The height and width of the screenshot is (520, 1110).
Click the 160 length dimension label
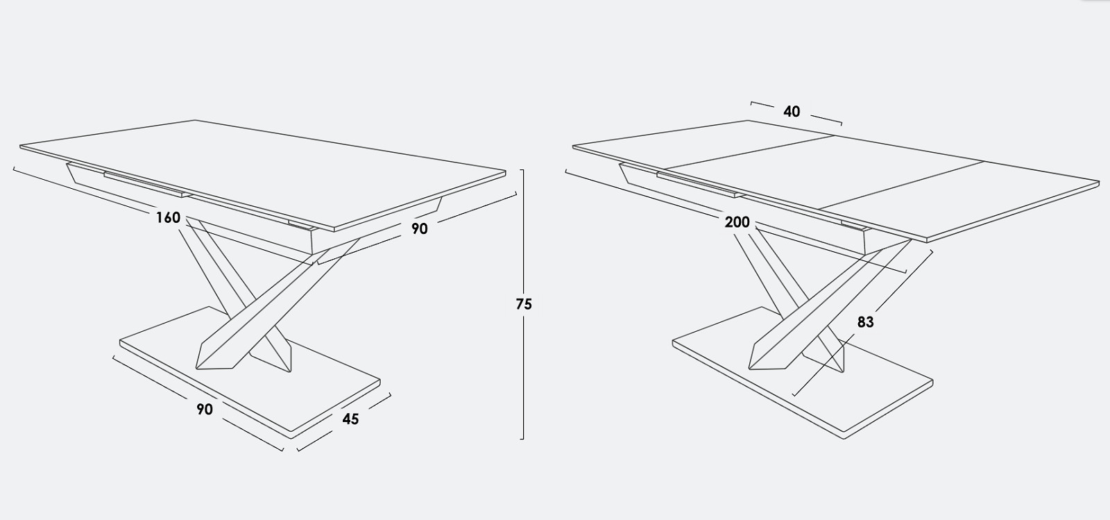coord(169,217)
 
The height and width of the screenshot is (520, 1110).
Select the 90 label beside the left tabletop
coord(419,228)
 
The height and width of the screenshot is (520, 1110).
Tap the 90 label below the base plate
coord(205,410)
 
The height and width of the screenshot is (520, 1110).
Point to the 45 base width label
coord(350,419)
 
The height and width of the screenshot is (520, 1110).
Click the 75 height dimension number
coord(524,304)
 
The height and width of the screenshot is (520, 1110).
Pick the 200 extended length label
coord(737,222)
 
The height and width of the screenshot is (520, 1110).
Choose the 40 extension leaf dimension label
coord(792,112)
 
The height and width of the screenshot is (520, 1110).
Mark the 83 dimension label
coord(865,322)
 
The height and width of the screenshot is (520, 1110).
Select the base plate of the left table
coord(250,373)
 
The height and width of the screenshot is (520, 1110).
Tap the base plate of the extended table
coord(803,373)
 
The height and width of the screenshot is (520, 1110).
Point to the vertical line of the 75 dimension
coord(523,304)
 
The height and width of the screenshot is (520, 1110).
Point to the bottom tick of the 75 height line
coord(522,439)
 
